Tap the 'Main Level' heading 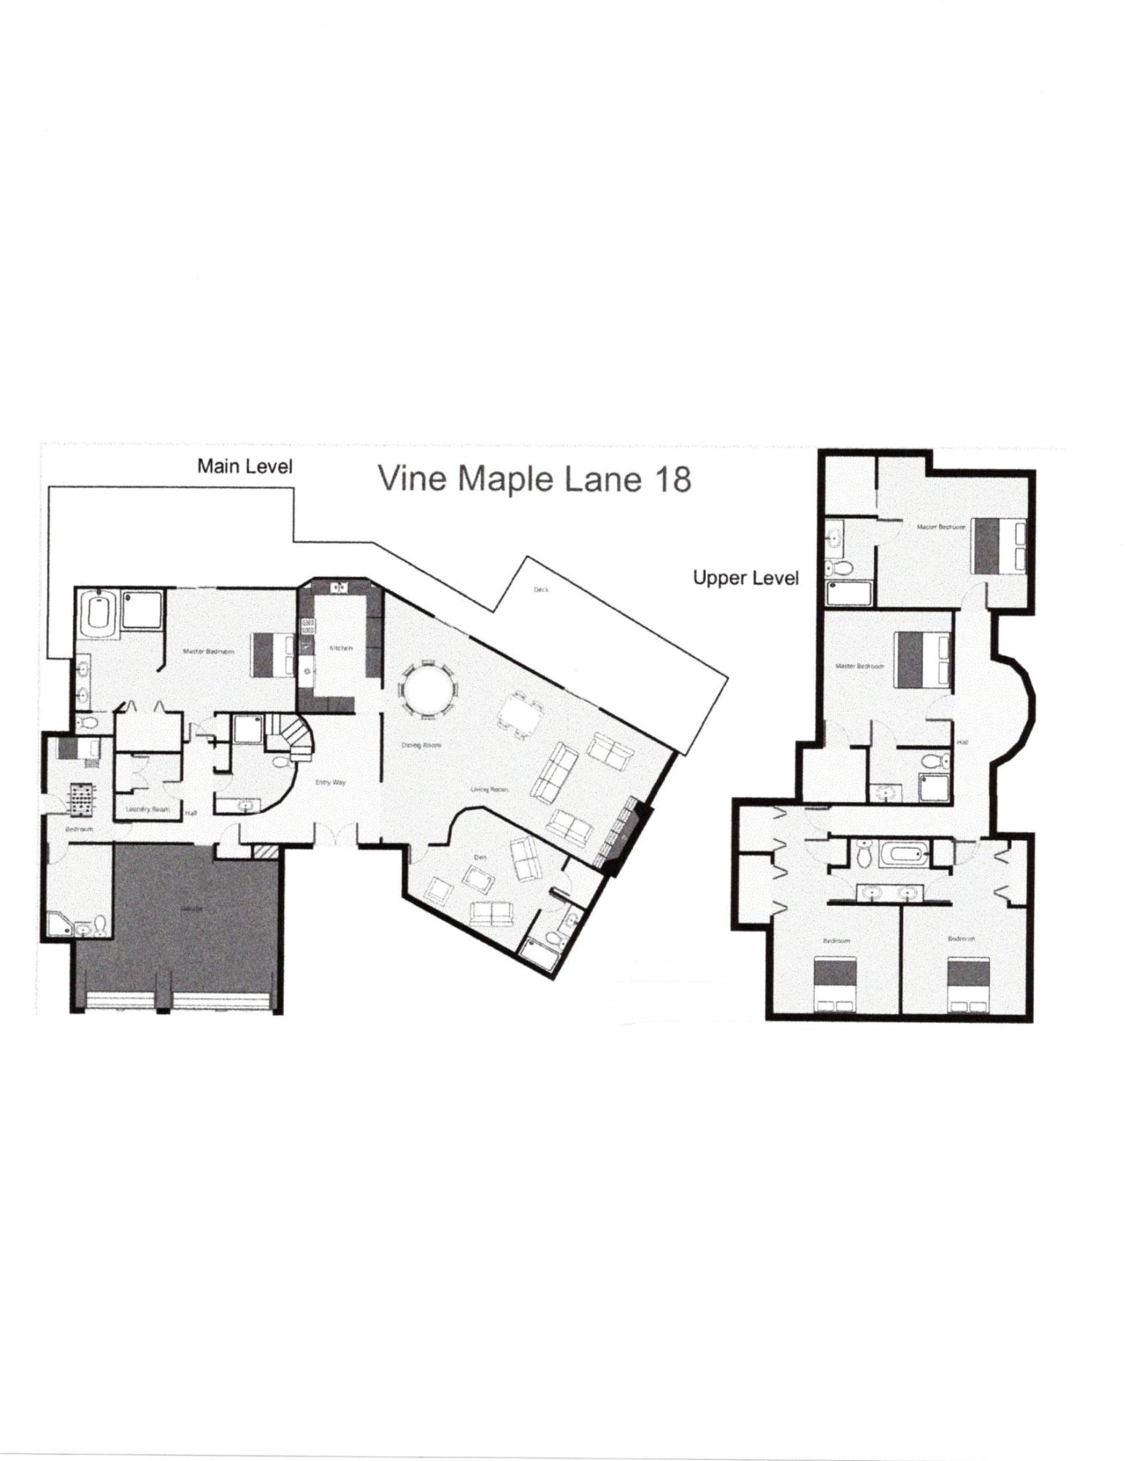[x=245, y=466]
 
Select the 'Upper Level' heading [x=745, y=579]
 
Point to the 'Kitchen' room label [x=341, y=648]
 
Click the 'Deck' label [x=541, y=590]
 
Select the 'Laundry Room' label [x=147, y=809]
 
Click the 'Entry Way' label [x=330, y=782]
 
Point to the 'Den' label [x=480, y=858]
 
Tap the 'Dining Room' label [x=421, y=746]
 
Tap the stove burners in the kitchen [x=308, y=626]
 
